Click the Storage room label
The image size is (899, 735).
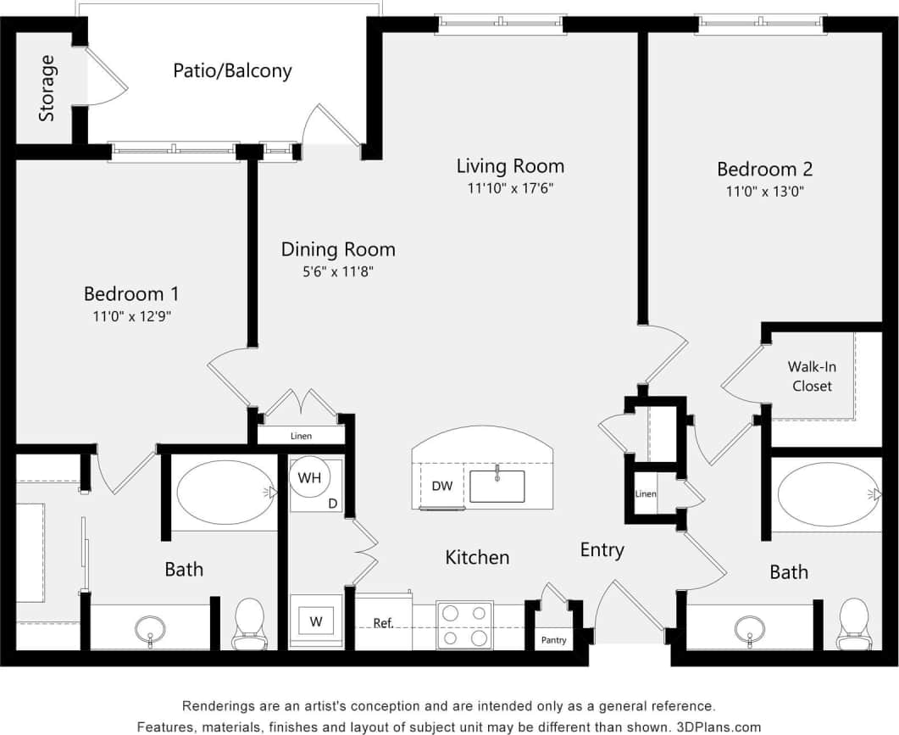pos(47,88)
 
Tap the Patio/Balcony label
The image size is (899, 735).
pos(232,70)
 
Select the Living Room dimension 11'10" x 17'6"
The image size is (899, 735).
pos(510,188)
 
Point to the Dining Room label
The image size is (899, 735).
pos(338,249)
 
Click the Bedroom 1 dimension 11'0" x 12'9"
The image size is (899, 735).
pos(130,317)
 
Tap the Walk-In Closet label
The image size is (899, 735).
pos(811,376)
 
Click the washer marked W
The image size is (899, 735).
pos(316,621)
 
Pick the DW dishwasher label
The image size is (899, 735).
pos(441,487)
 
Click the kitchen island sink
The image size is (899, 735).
pos(497,486)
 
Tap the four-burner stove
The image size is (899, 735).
pos(464,625)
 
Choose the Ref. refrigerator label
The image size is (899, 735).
pos(383,623)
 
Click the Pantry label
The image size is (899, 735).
pos(554,640)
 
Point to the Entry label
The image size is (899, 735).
pos(602,550)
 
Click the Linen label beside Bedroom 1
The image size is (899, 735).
pos(301,437)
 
